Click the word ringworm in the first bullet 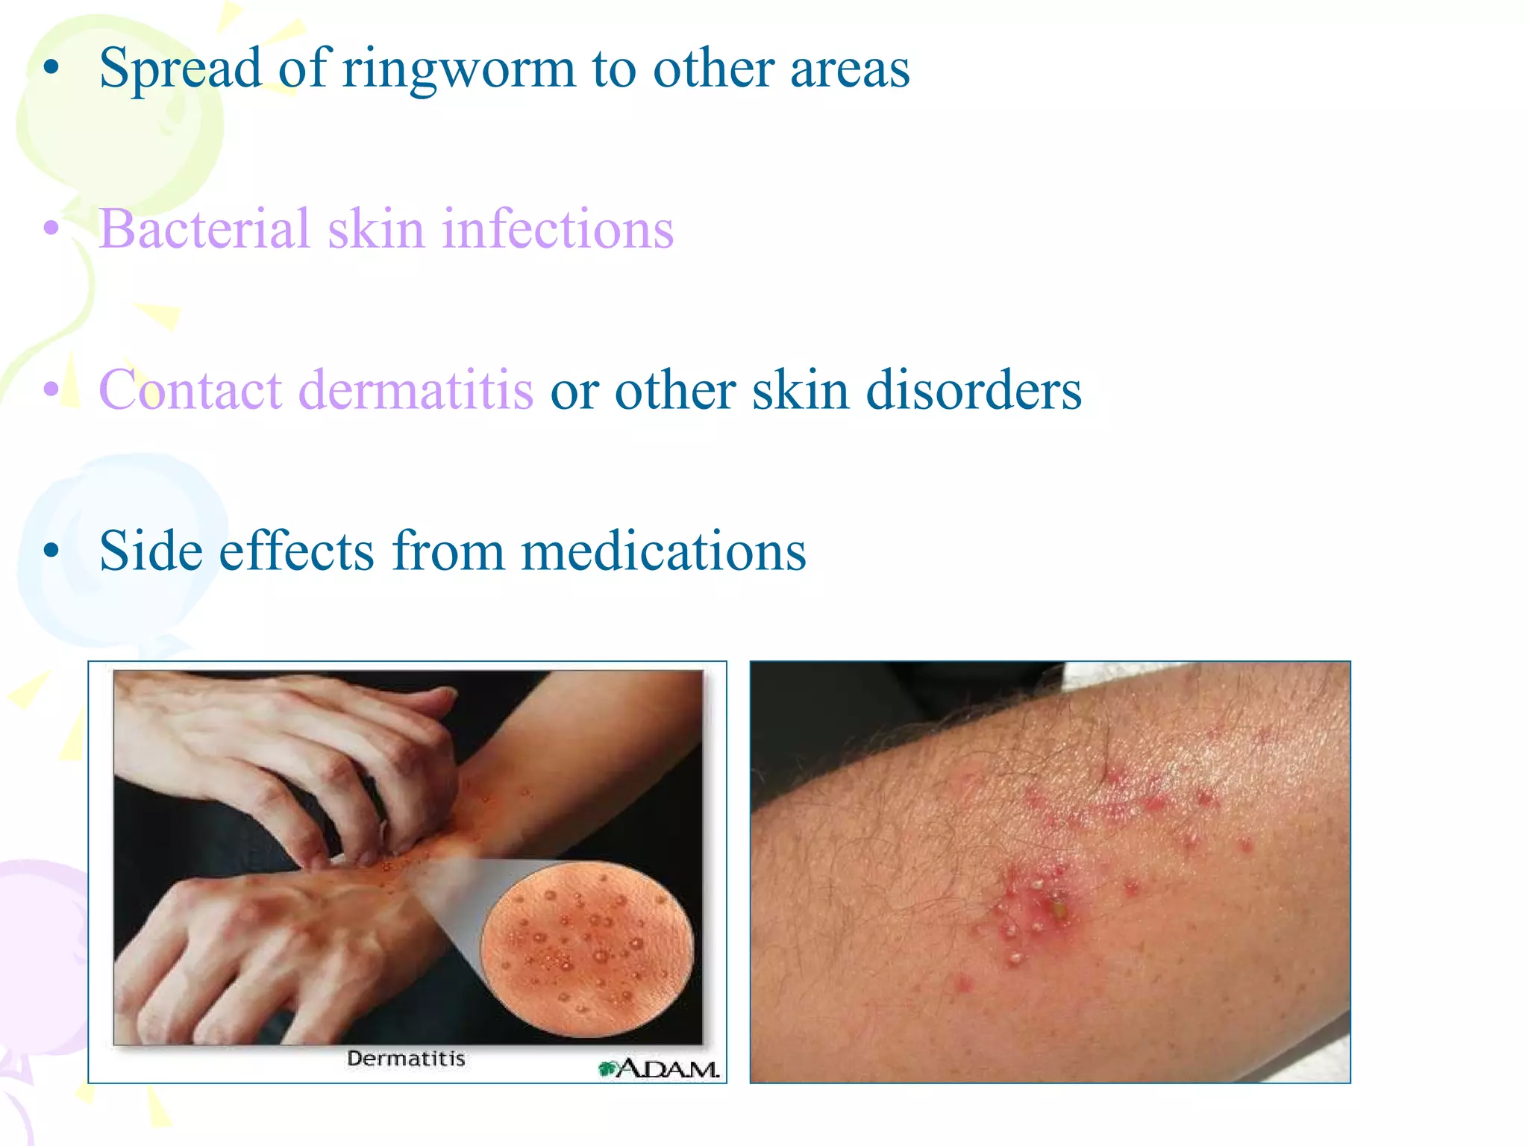coord(458,69)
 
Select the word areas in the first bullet coord(850,69)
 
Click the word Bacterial coord(204,229)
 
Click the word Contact coord(190,390)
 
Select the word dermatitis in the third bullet coord(416,390)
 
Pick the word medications coord(663,551)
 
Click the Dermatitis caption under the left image coord(407,1059)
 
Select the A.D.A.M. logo coord(660,1068)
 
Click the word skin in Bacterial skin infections coord(375,229)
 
